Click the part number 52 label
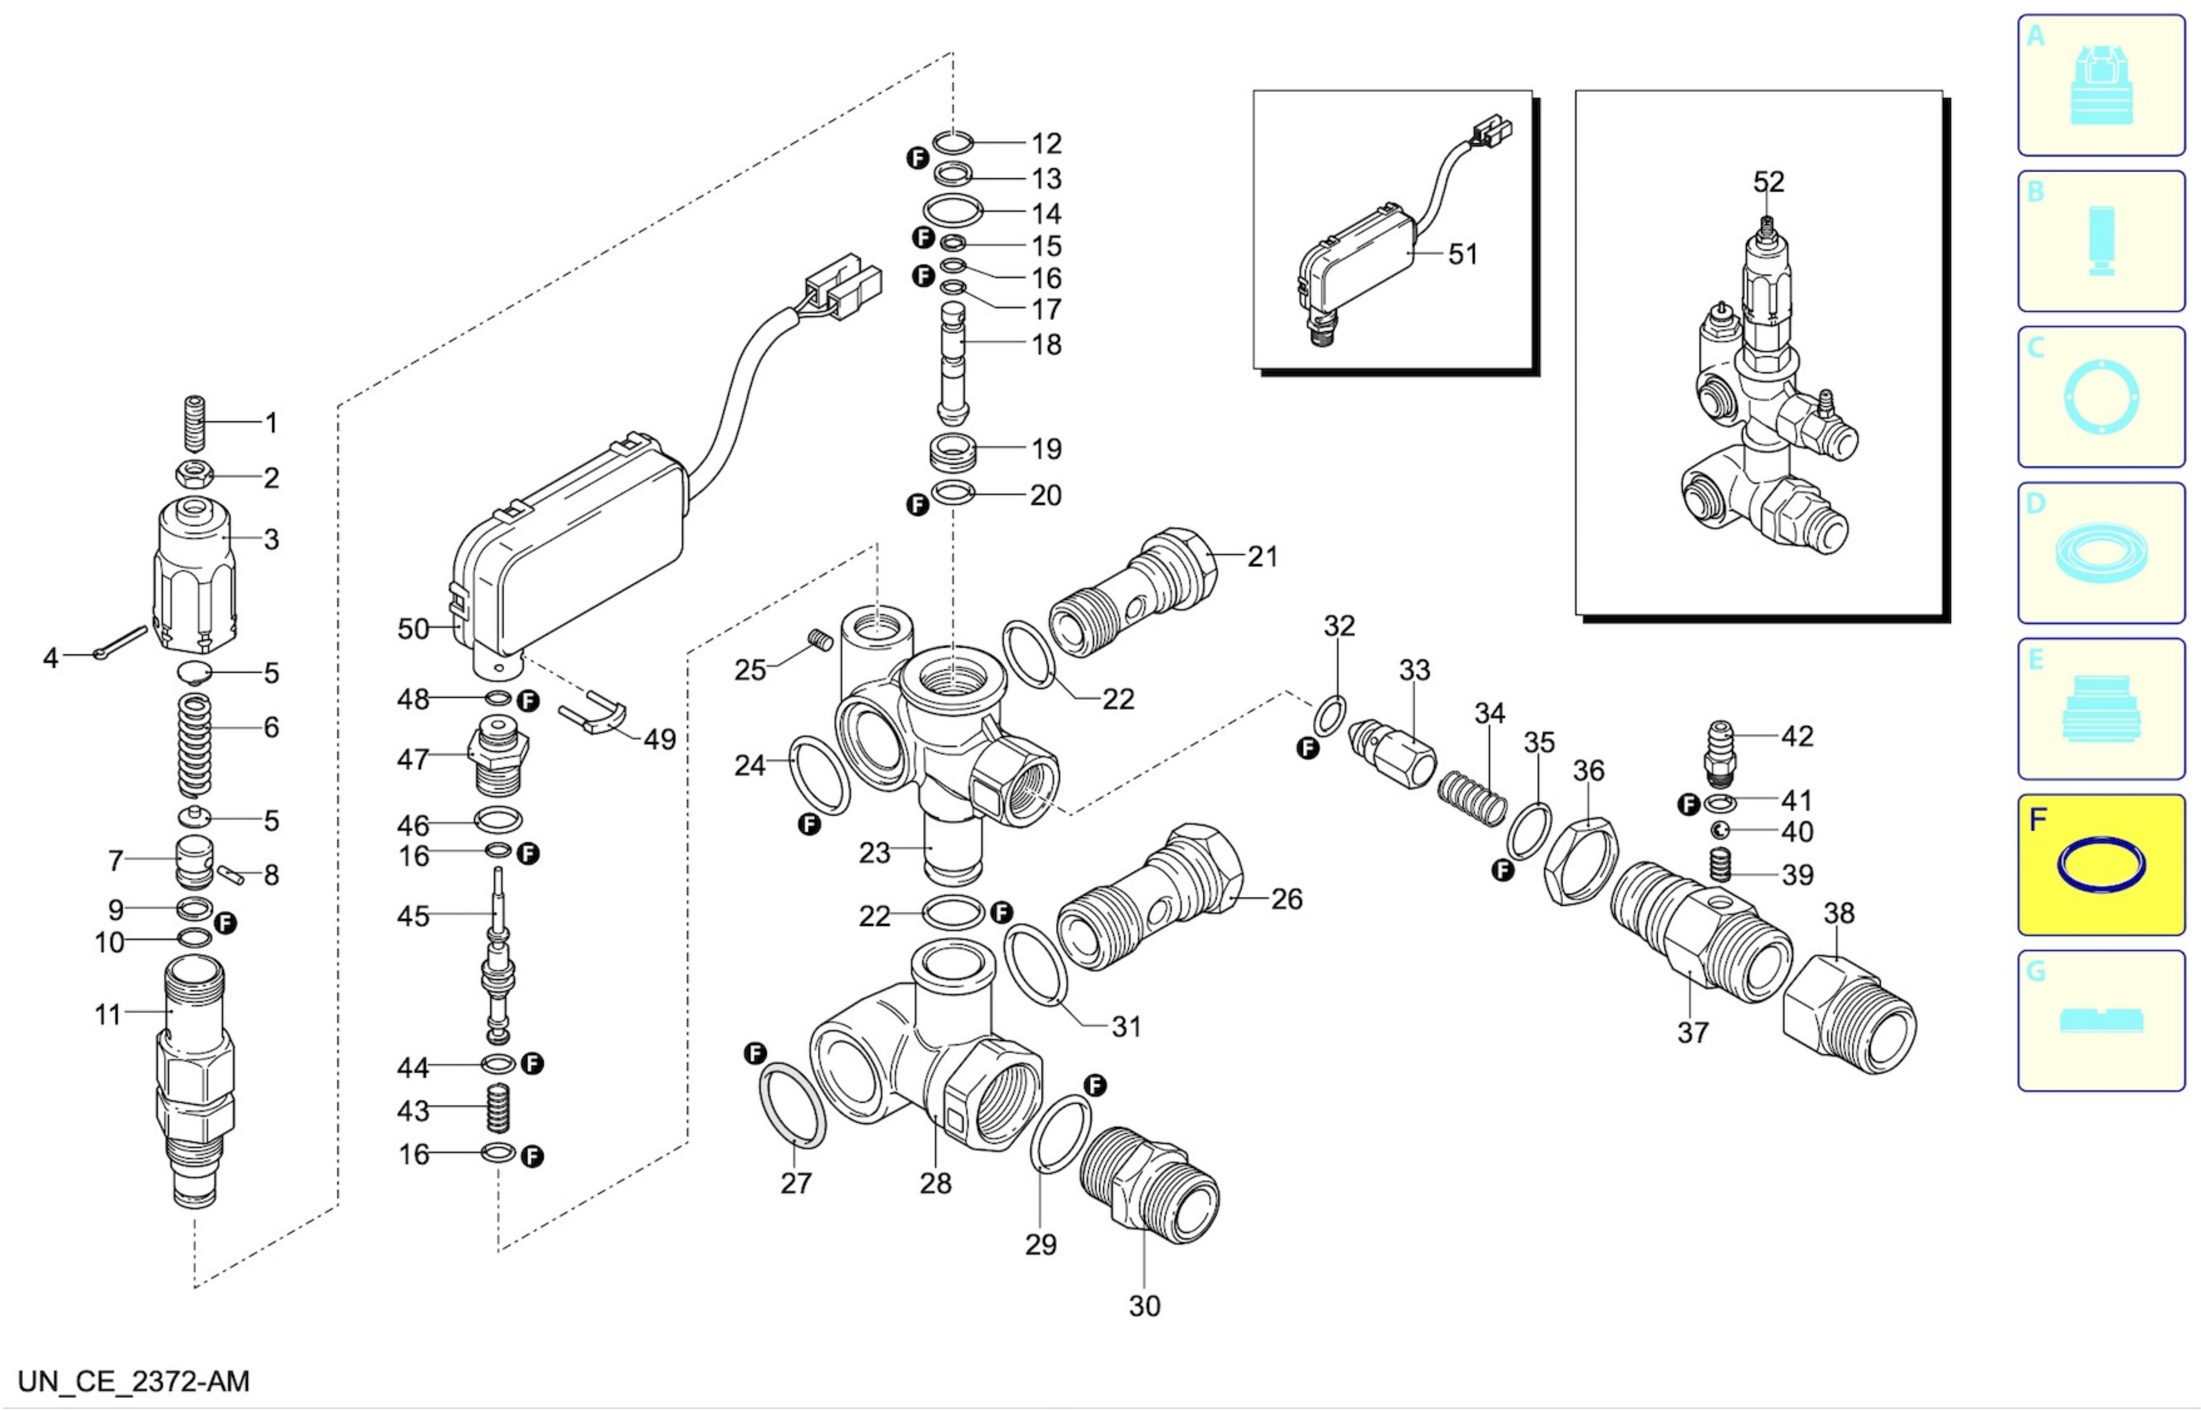click(1768, 182)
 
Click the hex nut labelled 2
click(195, 475)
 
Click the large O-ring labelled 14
click(952, 210)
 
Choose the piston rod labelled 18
click(953, 363)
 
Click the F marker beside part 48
click(528, 702)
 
